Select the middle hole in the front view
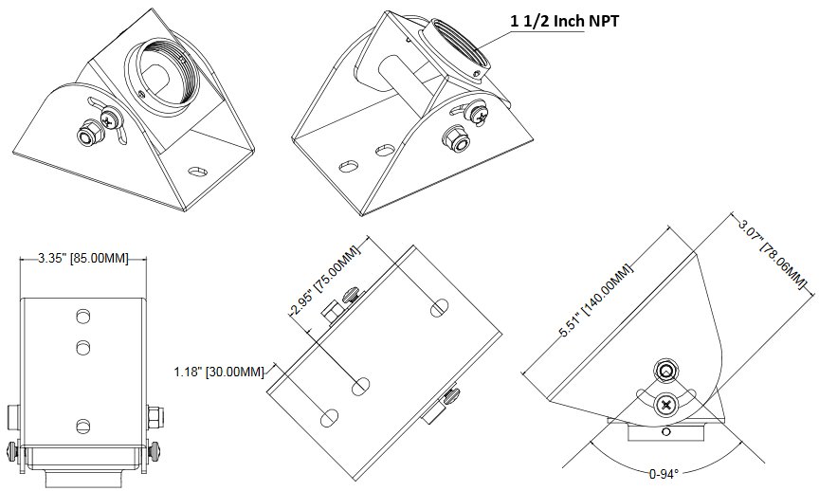82,347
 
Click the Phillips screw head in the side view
667,405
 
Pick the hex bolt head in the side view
666,371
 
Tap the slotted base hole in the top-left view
199,172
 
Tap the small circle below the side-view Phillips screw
666,432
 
